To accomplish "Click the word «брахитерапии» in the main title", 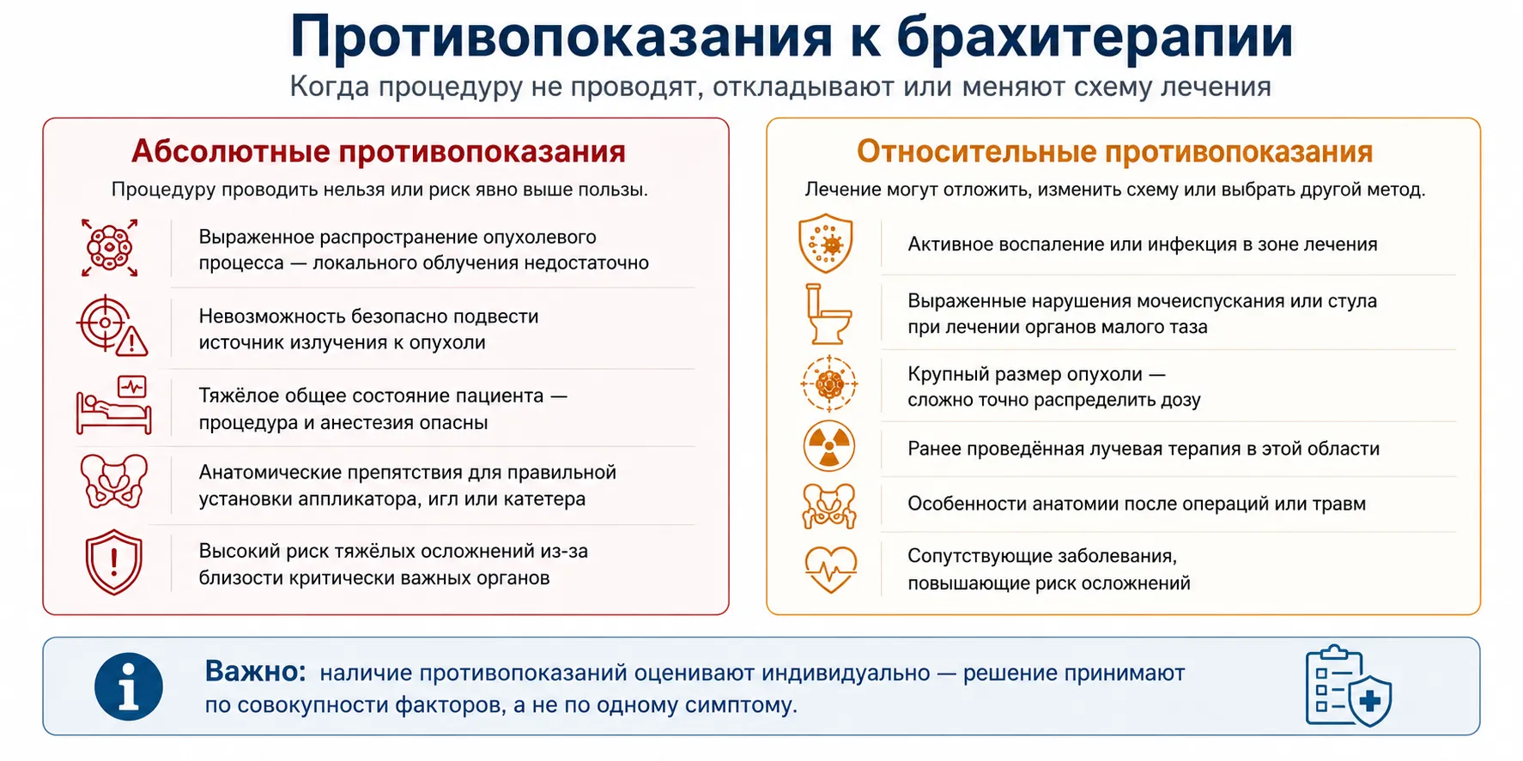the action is tap(1095, 37).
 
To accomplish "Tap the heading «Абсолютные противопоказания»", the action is tap(379, 152).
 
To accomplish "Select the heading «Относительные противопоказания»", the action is tap(1114, 152).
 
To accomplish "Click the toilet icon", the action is tap(828, 314).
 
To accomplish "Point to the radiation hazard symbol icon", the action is tap(829, 446).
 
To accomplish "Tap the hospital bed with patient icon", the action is tap(113, 405).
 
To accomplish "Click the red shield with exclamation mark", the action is tap(113, 563).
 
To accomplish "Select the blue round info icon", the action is tap(129, 686).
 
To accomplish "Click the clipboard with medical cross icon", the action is tap(1348, 686).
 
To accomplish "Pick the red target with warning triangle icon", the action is tap(112, 325).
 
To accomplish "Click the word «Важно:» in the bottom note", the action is tap(255, 672).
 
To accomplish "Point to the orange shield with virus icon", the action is tap(826, 244).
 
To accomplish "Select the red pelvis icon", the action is tap(113, 482).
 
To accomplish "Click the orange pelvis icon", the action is tap(829, 506).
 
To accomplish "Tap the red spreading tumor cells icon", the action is tap(110, 248).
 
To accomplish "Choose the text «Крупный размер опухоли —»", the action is tap(1036, 375).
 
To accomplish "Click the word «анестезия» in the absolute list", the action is tap(361, 423).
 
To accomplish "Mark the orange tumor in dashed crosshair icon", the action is tap(829, 383).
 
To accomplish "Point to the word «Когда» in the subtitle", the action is tap(331, 87).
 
